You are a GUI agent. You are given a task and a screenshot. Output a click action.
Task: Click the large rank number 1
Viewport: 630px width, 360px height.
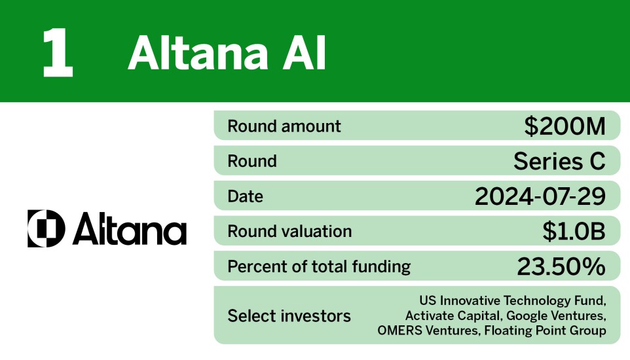click(57, 53)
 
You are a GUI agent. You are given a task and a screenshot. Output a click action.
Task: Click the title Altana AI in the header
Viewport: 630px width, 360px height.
click(227, 53)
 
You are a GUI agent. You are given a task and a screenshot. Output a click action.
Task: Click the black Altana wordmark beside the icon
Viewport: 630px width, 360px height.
click(130, 230)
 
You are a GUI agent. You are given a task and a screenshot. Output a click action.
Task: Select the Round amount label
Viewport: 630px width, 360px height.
click(284, 126)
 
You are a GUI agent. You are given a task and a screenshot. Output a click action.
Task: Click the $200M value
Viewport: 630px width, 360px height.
click(565, 126)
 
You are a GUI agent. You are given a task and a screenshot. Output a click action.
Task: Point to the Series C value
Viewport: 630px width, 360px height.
click(559, 161)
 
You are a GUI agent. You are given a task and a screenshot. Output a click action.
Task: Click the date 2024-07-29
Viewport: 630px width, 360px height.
click(540, 196)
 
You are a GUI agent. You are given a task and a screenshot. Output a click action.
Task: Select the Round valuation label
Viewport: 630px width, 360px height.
click(289, 231)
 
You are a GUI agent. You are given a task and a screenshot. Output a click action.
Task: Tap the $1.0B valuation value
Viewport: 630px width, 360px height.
click(573, 231)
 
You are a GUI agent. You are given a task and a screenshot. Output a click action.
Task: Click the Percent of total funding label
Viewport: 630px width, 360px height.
click(319, 266)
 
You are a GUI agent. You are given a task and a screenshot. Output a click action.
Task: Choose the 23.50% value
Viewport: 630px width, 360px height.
click(561, 266)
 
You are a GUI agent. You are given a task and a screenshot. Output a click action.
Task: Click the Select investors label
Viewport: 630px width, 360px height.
click(289, 316)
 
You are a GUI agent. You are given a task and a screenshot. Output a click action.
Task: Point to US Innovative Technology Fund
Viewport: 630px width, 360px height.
click(512, 301)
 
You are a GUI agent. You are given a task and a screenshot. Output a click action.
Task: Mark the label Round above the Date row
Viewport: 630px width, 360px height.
click(252, 161)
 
